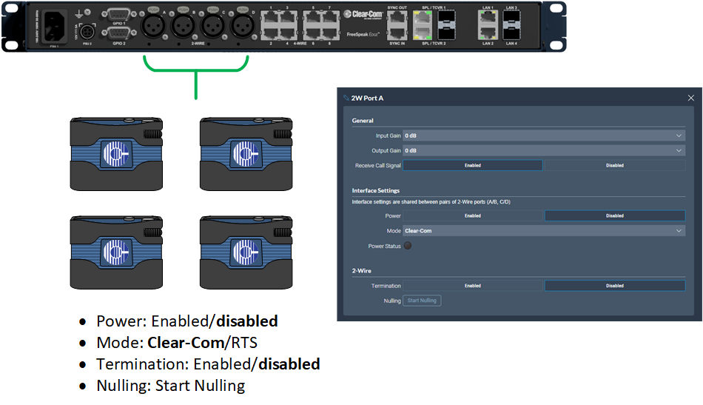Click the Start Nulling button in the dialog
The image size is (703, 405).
pos(422,301)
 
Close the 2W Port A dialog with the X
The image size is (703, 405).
pos(691,98)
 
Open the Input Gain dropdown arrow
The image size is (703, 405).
pos(679,136)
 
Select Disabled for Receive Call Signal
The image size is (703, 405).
pos(615,165)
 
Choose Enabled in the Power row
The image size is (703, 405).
pos(473,216)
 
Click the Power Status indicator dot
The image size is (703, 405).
pos(407,246)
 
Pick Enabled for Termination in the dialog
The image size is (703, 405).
pos(473,286)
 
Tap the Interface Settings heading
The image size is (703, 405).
pos(375,191)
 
